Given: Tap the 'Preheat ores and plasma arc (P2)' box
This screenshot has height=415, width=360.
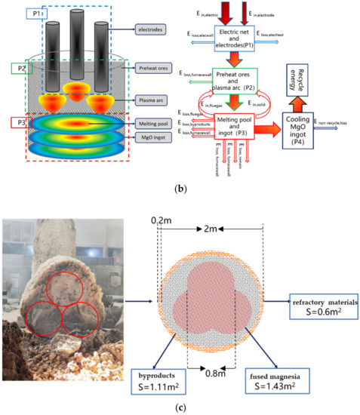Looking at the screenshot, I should pyautogui.click(x=227, y=79).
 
